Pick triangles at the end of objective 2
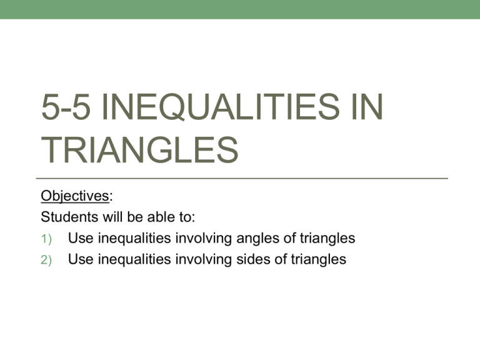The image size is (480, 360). point(314,259)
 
